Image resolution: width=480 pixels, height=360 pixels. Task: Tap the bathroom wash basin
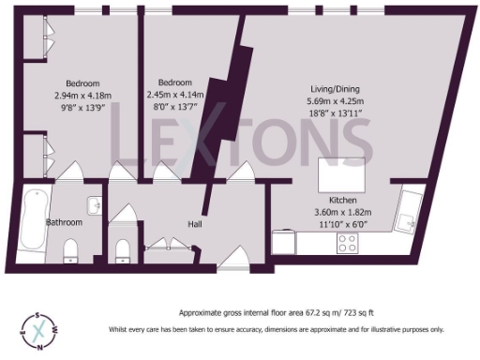[95, 205]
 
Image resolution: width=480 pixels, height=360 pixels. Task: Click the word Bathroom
[65, 223]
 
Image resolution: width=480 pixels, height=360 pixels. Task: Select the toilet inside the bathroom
[71, 250]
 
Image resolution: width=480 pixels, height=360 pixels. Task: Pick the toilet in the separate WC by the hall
[120, 248]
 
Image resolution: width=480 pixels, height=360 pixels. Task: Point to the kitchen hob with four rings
[346, 243]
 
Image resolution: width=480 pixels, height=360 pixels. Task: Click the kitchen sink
[409, 218]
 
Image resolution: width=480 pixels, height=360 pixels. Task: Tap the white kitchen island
[340, 174]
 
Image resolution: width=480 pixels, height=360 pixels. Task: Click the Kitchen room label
[342, 201]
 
